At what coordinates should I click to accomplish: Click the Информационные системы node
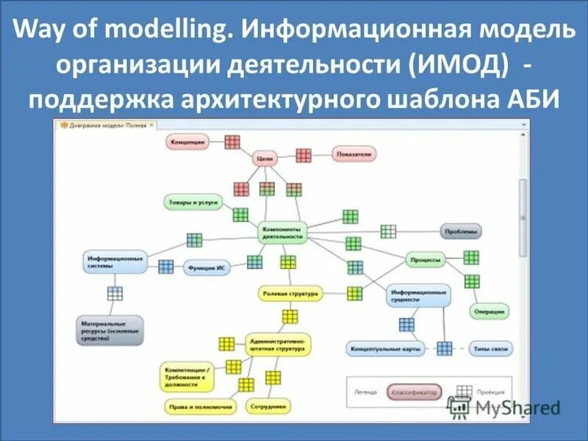point(114,263)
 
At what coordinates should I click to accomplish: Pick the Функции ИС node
point(207,268)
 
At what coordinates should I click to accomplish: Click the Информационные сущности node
point(419,295)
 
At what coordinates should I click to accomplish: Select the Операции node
point(490,312)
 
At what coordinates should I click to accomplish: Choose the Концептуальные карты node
point(386,349)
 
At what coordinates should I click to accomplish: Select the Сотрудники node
point(268,406)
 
